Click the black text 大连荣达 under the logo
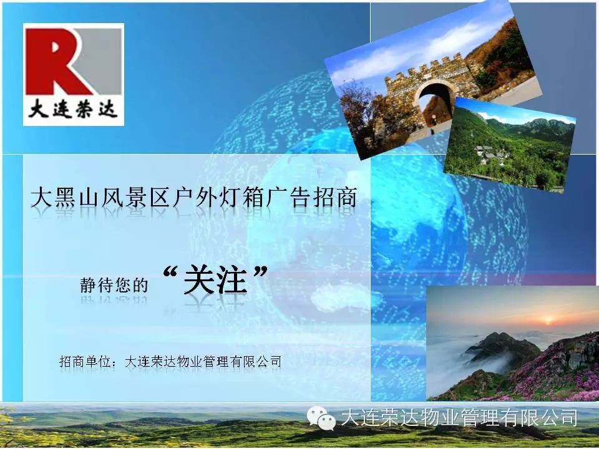73,110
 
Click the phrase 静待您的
114,285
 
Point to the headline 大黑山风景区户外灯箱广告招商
193,198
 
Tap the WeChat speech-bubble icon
321,418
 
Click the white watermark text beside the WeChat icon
459,417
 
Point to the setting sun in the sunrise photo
548,320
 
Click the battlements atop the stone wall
424,69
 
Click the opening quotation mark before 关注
170,273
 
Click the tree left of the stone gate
361,115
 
